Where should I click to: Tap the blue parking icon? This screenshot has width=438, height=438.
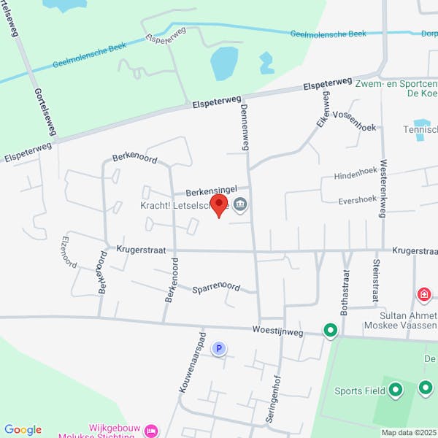point(218,349)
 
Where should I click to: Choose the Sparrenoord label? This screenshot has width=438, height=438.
point(216,288)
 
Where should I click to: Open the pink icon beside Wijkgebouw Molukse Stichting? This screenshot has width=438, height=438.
point(151,431)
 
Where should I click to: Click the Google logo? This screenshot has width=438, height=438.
point(23,430)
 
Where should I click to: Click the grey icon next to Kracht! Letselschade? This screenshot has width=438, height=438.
point(241,205)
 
